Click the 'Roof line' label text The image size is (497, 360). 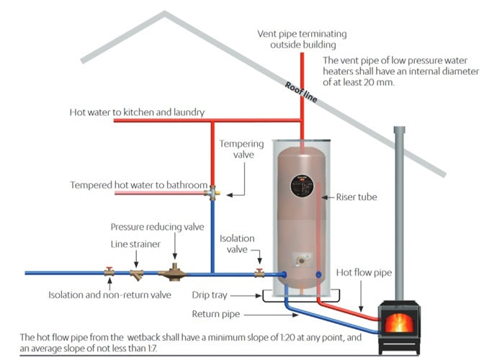[x=300, y=93]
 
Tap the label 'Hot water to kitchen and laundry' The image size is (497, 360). [x=137, y=112]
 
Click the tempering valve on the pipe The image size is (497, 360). [x=213, y=192]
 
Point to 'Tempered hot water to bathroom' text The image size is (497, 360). [x=139, y=185]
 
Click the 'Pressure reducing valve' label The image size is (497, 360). [x=157, y=227]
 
